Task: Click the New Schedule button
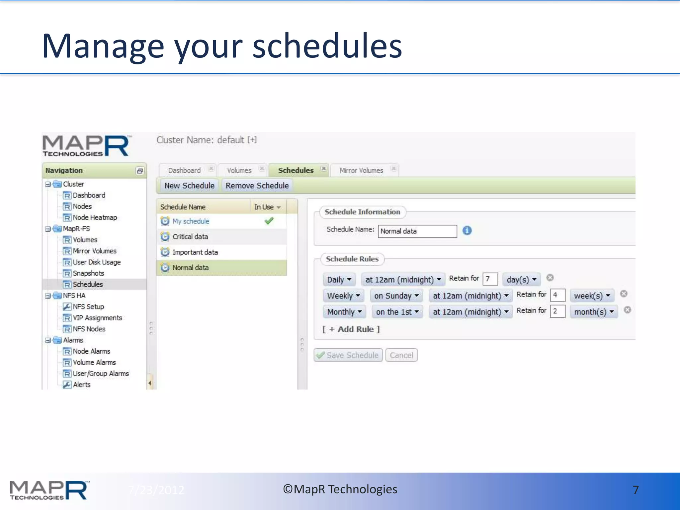click(x=189, y=186)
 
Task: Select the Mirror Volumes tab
click(x=361, y=170)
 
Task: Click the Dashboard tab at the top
click(x=184, y=170)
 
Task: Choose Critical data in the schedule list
click(x=190, y=237)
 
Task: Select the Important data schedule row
click(x=195, y=252)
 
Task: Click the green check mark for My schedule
click(x=269, y=221)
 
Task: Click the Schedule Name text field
click(x=417, y=231)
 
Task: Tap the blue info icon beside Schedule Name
click(x=467, y=230)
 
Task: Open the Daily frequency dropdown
click(x=339, y=280)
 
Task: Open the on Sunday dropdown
click(x=396, y=296)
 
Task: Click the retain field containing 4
click(x=557, y=295)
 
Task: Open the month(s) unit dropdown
click(x=594, y=312)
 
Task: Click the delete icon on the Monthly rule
click(x=627, y=310)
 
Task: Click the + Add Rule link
click(x=351, y=329)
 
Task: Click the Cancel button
click(x=401, y=355)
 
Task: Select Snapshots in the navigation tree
click(x=88, y=273)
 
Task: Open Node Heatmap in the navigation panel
click(x=95, y=217)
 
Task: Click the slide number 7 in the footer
click(x=636, y=490)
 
